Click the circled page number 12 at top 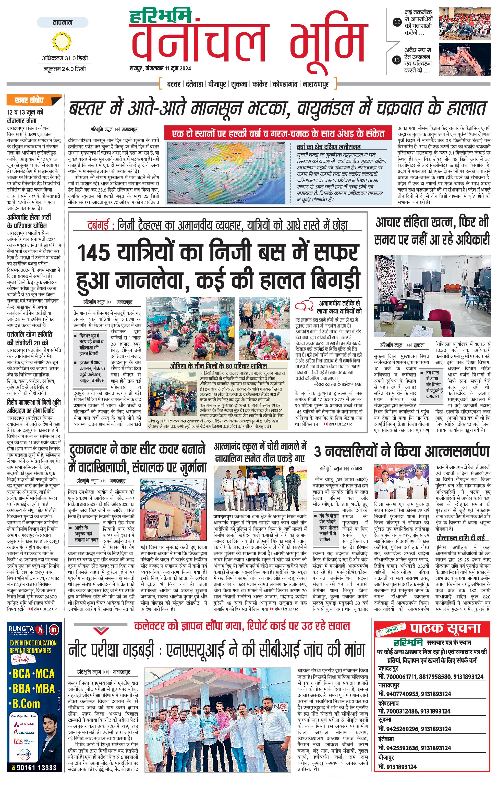click(397, 22)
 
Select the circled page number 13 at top click(397, 60)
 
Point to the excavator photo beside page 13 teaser click(465, 60)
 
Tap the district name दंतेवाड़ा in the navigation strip click(194, 84)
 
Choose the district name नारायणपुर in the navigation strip click(315, 84)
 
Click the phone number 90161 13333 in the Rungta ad click(36, 768)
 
